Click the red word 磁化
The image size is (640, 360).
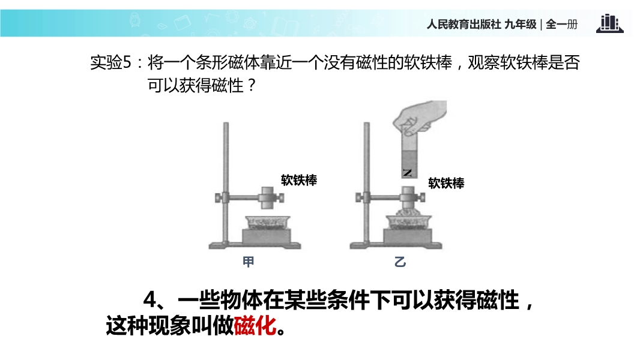pyautogui.click(x=255, y=326)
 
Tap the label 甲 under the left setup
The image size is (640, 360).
pyautogui.click(x=248, y=262)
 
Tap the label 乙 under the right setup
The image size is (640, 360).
pyautogui.click(x=400, y=262)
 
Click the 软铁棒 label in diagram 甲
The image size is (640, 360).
pyautogui.click(x=299, y=180)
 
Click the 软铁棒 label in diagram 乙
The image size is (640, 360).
pyautogui.click(x=446, y=183)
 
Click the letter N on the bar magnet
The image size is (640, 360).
pyautogui.click(x=407, y=172)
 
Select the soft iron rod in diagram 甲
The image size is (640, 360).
pyautogui.click(x=267, y=198)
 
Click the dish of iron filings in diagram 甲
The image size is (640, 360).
pyautogui.click(x=267, y=223)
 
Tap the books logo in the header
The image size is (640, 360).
pyautogui.click(x=610, y=23)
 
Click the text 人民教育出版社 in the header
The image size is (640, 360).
pyautogui.click(x=463, y=25)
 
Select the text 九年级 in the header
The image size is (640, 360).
pyautogui.click(x=521, y=25)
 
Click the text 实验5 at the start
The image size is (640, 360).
pyautogui.click(x=111, y=63)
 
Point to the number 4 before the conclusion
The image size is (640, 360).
pyautogui.click(x=150, y=300)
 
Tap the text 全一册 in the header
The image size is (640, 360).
pyautogui.click(x=561, y=25)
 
